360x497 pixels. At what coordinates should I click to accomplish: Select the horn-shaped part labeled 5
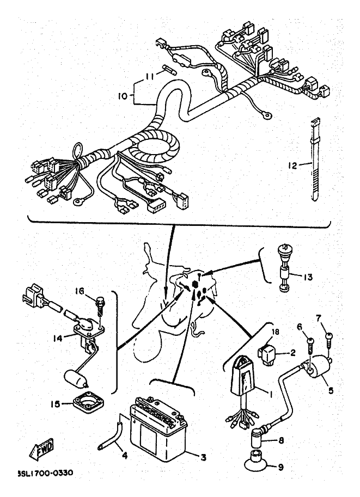320,369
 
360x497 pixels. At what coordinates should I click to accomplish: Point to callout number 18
276,332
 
